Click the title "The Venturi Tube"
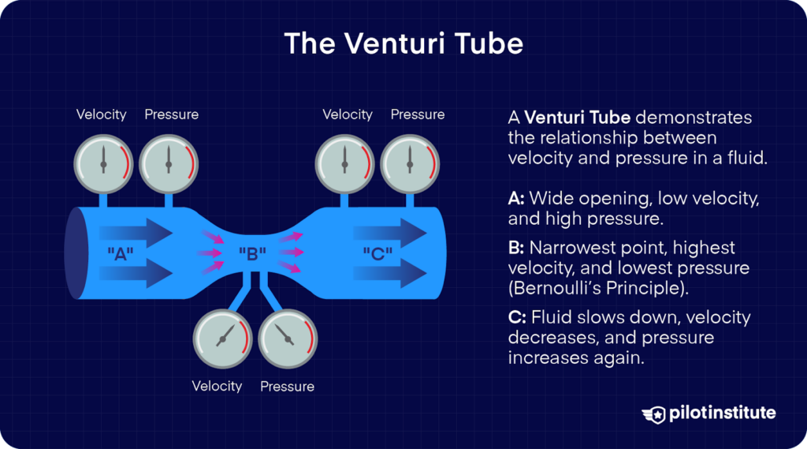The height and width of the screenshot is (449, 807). click(x=403, y=43)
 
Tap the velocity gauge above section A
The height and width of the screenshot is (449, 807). click(x=102, y=164)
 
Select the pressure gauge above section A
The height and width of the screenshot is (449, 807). click(x=168, y=164)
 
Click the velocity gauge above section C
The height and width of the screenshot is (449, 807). click(x=344, y=164)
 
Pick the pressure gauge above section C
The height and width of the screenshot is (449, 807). click(x=410, y=164)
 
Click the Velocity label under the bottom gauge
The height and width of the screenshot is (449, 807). click(x=217, y=386)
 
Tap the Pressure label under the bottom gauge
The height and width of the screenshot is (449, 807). click(x=287, y=387)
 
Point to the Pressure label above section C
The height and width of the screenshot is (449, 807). click(x=417, y=114)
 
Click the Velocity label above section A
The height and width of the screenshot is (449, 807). click(x=101, y=114)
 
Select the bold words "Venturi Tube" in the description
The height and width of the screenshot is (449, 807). click(x=577, y=118)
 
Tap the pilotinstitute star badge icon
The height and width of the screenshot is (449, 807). click(x=653, y=413)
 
